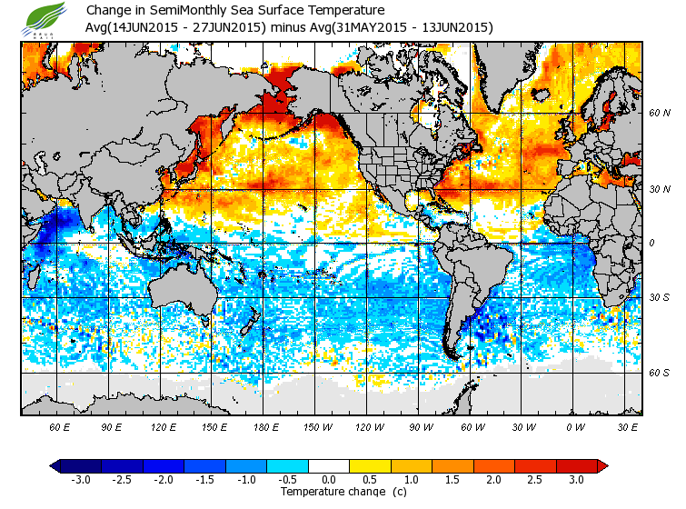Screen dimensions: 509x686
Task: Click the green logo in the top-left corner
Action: (x=46, y=17)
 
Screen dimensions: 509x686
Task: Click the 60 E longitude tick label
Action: (x=59, y=425)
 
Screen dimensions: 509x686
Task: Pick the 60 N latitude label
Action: (x=659, y=113)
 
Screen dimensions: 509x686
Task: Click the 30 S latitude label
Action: (x=659, y=297)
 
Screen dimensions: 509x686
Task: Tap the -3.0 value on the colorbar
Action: (x=81, y=480)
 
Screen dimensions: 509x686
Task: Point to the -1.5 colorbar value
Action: (x=205, y=480)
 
